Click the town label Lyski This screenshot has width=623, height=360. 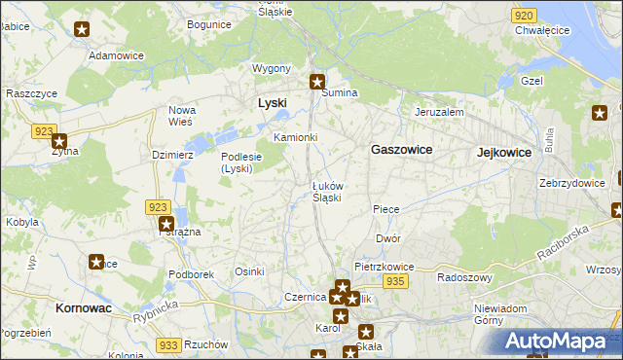click(x=272, y=102)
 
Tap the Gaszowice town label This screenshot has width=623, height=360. click(x=401, y=150)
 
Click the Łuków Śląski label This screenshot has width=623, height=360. click(x=326, y=191)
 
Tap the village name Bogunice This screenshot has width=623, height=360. click(x=209, y=23)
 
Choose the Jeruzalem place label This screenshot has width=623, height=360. click(x=438, y=112)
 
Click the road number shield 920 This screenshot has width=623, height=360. click(x=524, y=16)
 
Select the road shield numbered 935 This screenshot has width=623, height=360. click(x=394, y=280)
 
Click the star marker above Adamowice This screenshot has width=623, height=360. click(x=82, y=29)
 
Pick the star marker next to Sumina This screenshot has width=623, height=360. click(x=317, y=81)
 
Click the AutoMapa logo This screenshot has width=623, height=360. click(x=558, y=341)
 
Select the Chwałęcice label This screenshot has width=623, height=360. click(x=542, y=31)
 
